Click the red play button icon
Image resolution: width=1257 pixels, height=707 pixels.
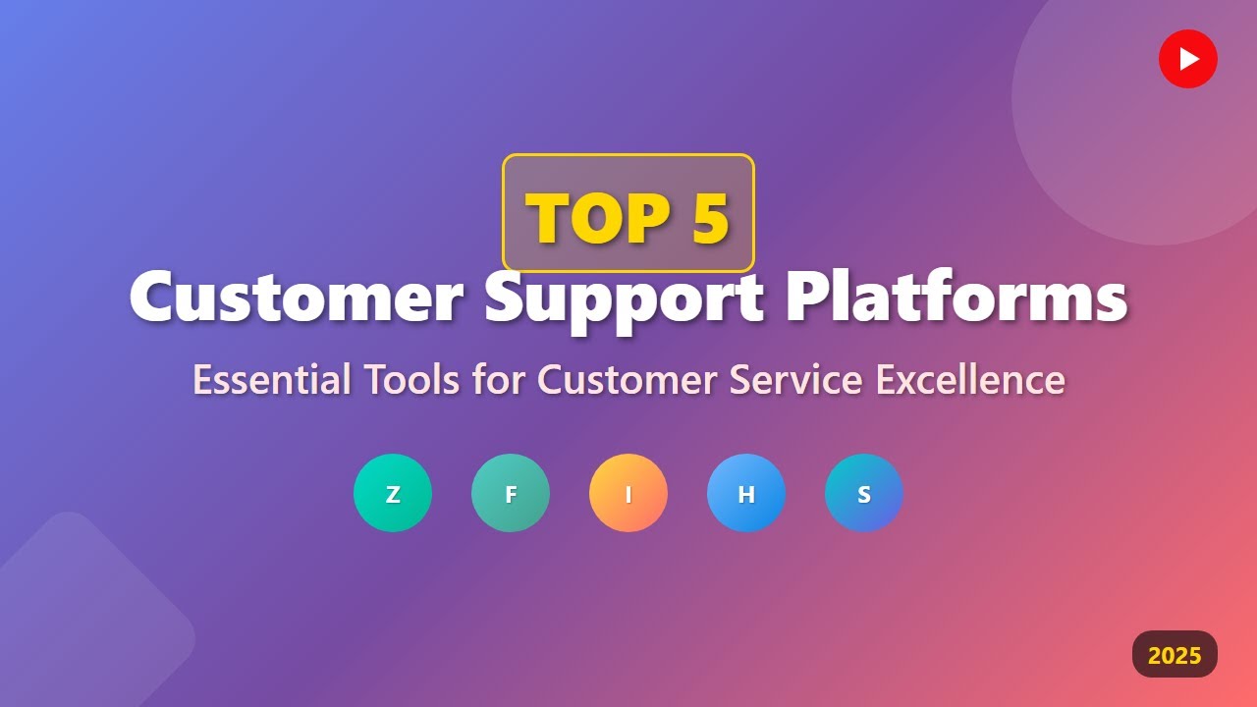pos(1187,59)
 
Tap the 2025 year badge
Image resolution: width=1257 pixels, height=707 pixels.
pos(1175,655)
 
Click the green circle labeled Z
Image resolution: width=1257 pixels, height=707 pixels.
pos(393,493)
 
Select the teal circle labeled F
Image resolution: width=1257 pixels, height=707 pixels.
pos(511,493)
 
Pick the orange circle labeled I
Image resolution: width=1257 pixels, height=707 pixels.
pos(628,493)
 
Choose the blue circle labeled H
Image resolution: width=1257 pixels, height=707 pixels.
pos(746,493)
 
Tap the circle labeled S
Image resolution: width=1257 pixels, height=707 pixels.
pos(864,493)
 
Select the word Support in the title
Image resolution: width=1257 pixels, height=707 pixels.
pos(624,298)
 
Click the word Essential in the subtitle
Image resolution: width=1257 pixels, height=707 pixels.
pos(271,380)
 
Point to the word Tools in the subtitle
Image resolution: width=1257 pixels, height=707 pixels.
pos(411,380)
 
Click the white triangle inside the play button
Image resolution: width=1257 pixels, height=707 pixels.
pos(1189,59)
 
